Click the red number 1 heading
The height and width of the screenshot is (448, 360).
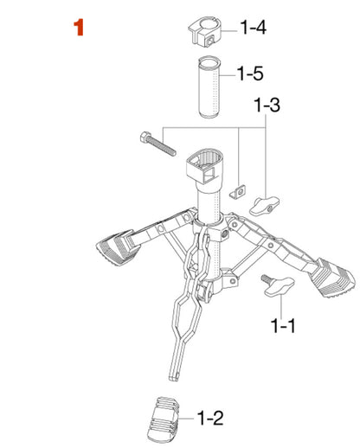coord(79,28)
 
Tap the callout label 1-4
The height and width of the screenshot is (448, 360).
coord(253,28)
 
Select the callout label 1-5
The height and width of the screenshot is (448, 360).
coord(250,74)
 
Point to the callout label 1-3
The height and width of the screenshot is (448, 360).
coord(267,105)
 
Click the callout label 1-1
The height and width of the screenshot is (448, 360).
coord(284,326)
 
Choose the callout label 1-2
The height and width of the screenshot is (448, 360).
coord(210,418)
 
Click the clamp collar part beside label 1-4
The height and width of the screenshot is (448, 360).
coord(204,34)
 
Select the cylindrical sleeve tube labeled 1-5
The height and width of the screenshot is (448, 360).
coord(209,87)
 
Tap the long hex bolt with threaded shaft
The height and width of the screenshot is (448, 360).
coord(158,144)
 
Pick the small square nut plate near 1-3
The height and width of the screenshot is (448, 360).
coord(239,191)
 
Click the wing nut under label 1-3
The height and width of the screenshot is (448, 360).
coord(264,206)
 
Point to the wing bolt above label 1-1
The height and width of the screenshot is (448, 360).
coord(278,285)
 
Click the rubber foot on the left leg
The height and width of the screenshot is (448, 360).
coord(116,247)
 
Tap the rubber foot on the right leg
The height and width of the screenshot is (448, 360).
coord(332,278)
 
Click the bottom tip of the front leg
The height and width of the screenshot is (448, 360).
coord(173,379)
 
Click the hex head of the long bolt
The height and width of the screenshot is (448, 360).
coord(145,137)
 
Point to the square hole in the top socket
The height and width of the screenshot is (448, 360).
coord(209,176)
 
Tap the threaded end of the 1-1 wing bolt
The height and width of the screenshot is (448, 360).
coord(266,278)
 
